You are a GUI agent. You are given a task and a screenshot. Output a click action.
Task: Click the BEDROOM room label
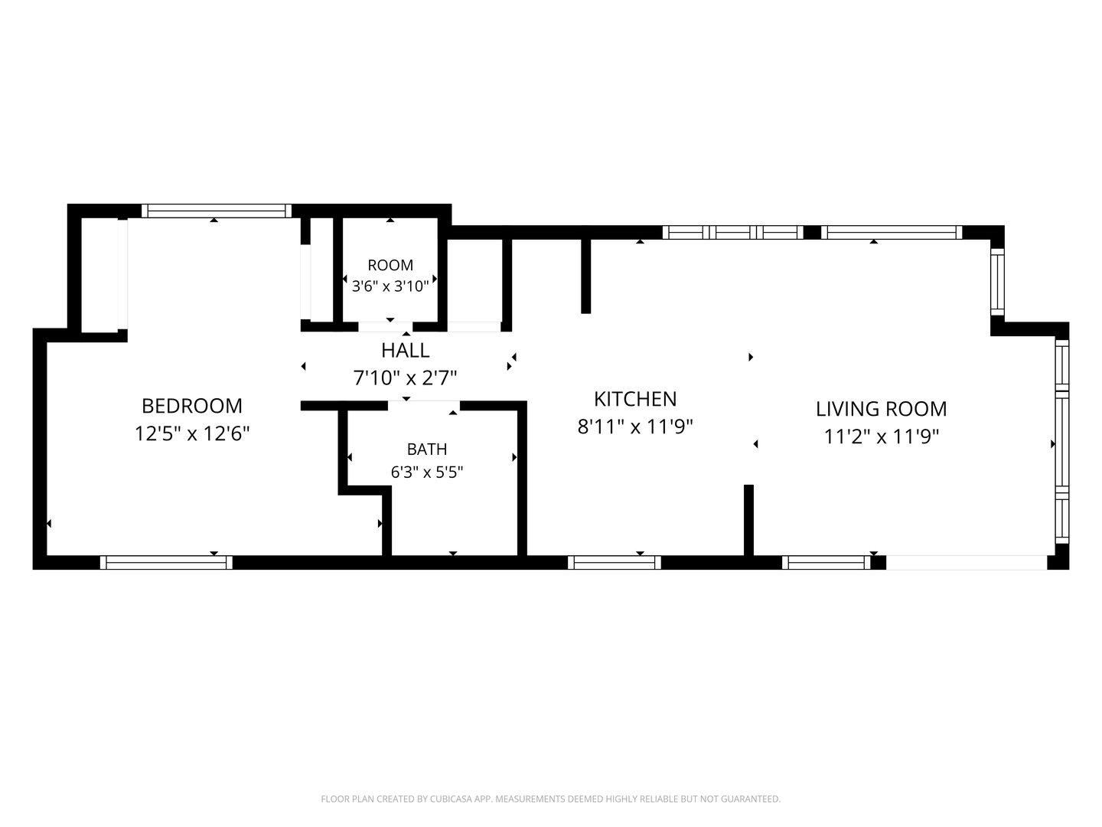192,406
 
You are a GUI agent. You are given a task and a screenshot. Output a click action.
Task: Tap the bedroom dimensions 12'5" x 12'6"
192,433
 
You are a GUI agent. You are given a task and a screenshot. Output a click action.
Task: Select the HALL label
405,351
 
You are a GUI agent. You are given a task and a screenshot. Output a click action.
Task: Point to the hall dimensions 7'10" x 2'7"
405,378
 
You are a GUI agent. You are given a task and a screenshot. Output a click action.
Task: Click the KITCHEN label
635,399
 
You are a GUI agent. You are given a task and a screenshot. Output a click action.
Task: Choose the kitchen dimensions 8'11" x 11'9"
635,427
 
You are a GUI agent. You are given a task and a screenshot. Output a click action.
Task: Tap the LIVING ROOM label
881,409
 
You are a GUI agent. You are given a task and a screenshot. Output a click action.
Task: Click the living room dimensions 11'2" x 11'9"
881,436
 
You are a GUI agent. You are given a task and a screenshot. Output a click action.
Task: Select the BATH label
427,449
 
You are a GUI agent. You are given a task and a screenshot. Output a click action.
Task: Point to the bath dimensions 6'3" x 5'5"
427,472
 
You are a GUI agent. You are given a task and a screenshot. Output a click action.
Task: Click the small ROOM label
390,265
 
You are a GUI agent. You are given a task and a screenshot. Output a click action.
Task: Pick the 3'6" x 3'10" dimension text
390,286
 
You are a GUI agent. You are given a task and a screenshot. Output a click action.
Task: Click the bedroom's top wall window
217,211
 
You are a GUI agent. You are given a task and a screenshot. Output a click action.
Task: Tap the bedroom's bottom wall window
166,562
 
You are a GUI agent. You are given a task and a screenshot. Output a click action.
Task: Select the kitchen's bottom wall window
614,562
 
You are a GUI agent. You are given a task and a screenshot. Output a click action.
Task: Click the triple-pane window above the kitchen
733,233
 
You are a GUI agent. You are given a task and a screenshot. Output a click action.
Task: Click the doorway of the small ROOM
385,327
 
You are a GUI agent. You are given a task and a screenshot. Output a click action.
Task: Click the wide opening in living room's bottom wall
967,562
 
